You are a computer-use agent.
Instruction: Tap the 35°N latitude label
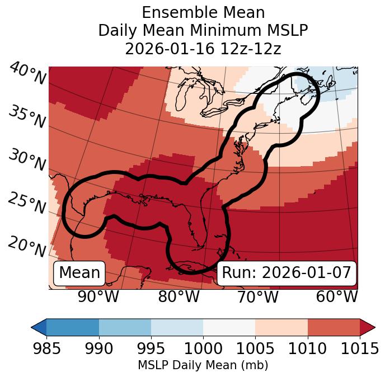[27, 117]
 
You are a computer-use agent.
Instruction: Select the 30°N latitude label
[26, 161]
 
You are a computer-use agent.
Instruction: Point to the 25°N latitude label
[26, 203]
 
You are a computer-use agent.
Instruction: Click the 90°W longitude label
[98, 297]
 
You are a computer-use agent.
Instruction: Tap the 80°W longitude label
[179, 297]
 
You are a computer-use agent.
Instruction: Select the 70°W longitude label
[257, 297]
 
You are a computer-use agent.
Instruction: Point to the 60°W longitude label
[336, 297]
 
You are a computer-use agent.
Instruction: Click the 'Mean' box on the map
[79, 273]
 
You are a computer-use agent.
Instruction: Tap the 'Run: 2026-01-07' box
[287, 273]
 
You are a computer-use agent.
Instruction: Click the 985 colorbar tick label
[46, 348]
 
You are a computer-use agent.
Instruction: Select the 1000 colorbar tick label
[203, 348]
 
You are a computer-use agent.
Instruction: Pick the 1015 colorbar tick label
[360, 348]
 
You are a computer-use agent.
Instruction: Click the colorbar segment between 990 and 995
[125, 327]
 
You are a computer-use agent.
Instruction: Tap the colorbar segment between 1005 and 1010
[281, 327]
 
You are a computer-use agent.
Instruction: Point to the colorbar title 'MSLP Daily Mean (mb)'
[203, 365]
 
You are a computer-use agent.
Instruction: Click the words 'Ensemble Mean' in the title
[203, 12]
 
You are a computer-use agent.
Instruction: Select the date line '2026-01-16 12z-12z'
[203, 49]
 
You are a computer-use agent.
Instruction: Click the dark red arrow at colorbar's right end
[368, 327]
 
